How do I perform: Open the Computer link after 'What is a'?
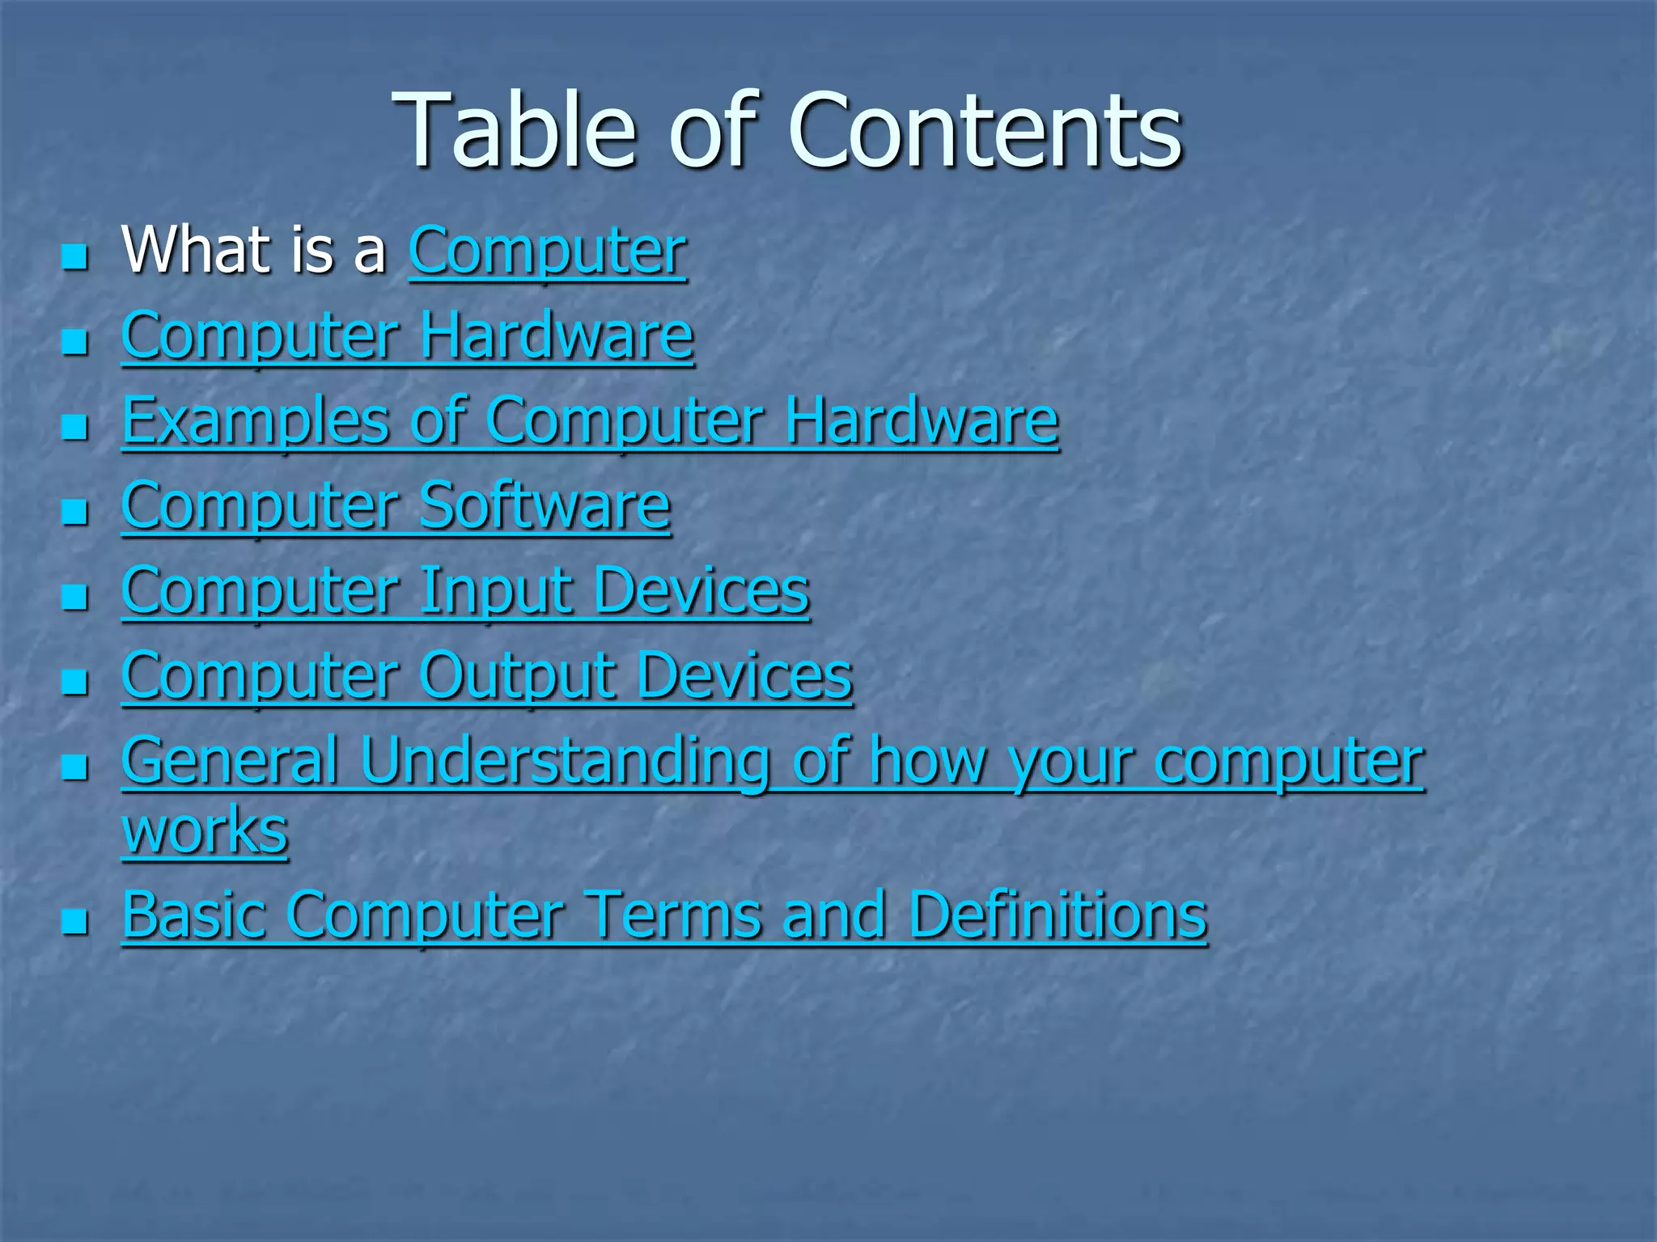(548, 251)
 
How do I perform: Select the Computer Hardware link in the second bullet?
(408, 336)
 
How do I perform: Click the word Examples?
(256, 422)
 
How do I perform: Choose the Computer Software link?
(396, 507)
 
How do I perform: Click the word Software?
(545, 507)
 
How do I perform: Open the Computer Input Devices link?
(465, 592)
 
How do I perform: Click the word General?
(230, 761)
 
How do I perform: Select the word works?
(206, 830)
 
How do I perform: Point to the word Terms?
(672, 915)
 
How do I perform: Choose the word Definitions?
(1057, 915)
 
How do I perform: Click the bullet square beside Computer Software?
(74, 512)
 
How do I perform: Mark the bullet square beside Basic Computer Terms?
(74, 920)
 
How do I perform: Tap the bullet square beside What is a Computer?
(74, 257)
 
